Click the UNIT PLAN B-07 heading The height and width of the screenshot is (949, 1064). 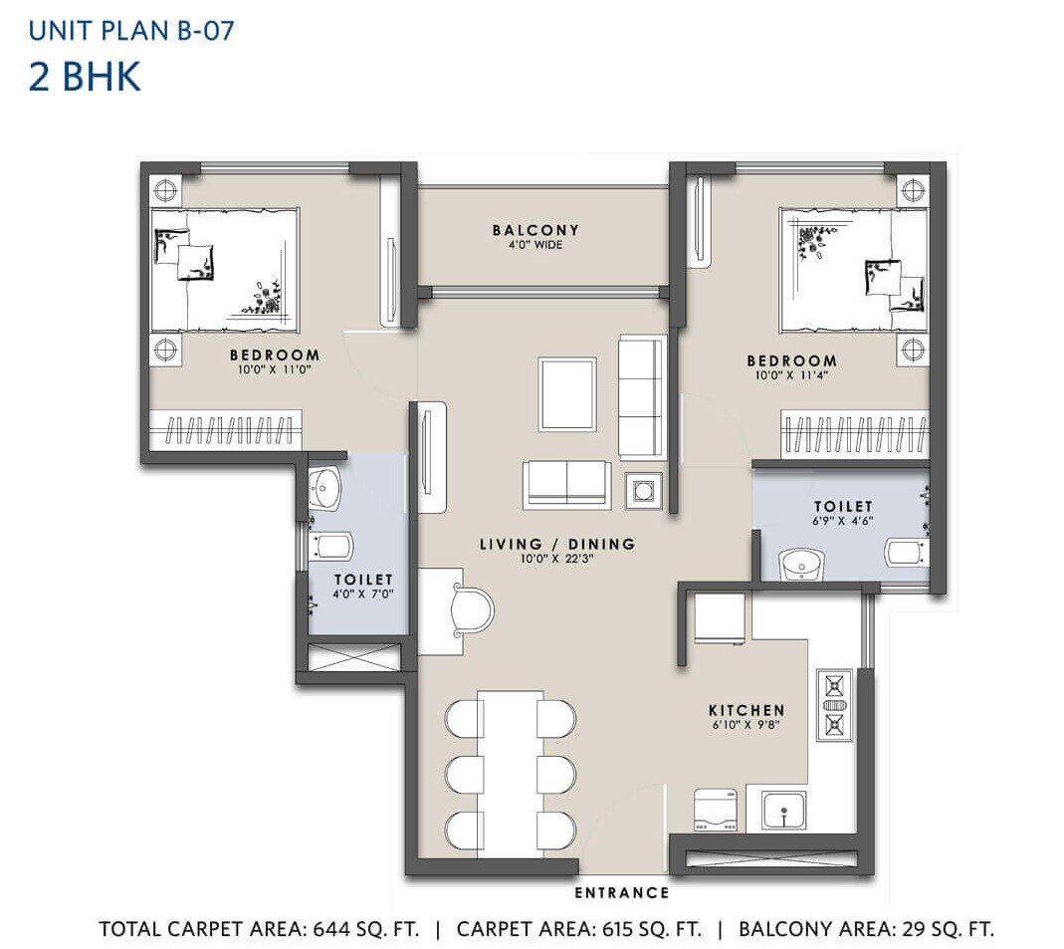point(131,30)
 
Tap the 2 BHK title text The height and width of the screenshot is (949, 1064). point(85,76)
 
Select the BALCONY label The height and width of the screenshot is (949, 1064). point(534,230)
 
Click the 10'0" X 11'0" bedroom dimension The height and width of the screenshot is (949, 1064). point(275,370)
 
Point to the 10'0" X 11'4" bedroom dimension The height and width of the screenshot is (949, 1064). point(793,375)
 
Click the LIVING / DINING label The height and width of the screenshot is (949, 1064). point(556,544)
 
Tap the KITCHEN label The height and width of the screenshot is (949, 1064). point(746,710)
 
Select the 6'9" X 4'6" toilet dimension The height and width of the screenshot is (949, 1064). point(842,521)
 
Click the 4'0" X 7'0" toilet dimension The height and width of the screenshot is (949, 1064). point(363,594)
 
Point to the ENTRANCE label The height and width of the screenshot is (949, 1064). point(621,892)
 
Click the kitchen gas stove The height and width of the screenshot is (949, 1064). point(834,704)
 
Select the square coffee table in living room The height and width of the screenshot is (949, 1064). point(567,393)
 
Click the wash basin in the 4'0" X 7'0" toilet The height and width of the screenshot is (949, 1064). point(323,487)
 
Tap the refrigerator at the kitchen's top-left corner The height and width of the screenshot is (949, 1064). point(720,618)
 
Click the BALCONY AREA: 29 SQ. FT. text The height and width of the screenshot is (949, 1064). point(866,929)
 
